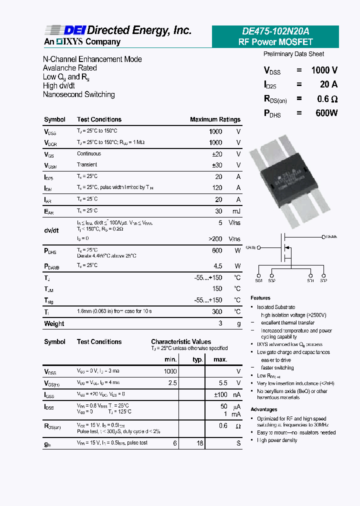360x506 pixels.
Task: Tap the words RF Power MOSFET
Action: point(275,42)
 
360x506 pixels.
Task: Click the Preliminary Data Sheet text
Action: point(293,54)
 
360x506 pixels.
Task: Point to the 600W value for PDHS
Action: point(326,113)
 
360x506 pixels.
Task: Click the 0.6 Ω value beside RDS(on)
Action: point(327,99)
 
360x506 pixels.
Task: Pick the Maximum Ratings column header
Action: point(215,119)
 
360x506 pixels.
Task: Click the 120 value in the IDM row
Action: point(217,188)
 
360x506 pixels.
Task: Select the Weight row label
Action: point(54,323)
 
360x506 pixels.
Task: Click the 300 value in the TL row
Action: point(217,311)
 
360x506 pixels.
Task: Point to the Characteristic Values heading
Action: point(181,342)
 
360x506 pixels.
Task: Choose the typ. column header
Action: point(197,359)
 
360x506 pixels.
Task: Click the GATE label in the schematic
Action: point(251,247)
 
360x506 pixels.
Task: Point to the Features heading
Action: point(260,298)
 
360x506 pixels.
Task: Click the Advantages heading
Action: point(263,409)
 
